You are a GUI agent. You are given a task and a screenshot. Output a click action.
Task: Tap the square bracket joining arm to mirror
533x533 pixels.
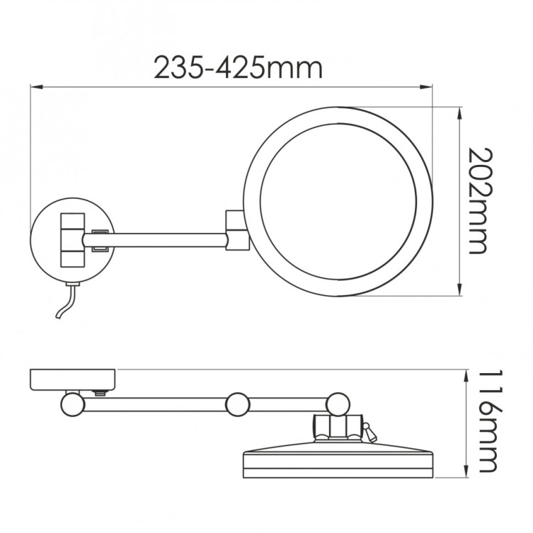point(235,230)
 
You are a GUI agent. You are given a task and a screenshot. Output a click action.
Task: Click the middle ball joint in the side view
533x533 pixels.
point(238,405)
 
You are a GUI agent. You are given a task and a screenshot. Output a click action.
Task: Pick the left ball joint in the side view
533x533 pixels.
point(72,404)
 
